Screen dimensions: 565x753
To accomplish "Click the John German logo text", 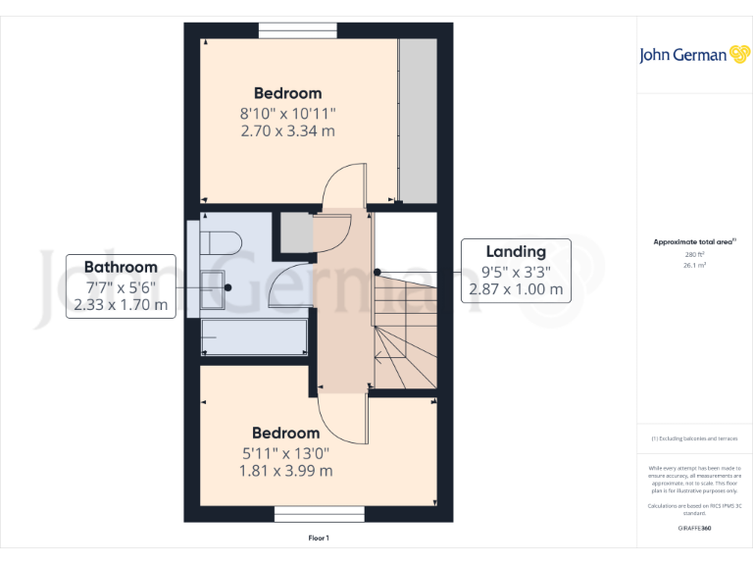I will [x=682, y=55].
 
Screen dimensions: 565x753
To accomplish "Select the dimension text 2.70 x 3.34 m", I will [x=287, y=130].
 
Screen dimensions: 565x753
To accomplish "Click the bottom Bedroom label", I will [x=285, y=433].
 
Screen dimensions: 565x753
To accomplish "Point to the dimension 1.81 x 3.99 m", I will [x=285, y=470].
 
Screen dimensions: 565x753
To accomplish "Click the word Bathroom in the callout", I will [x=121, y=267].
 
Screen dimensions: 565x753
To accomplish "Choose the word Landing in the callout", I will [x=516, y=251].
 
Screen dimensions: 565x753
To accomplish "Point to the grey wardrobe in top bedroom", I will [x=418, y=119].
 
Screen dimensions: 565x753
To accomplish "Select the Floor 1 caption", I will [x=319, y=538].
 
